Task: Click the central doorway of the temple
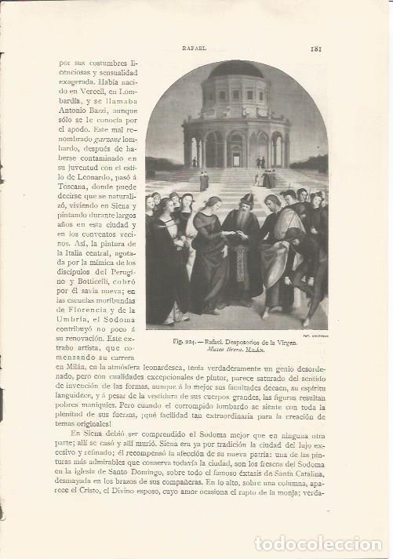236,149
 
